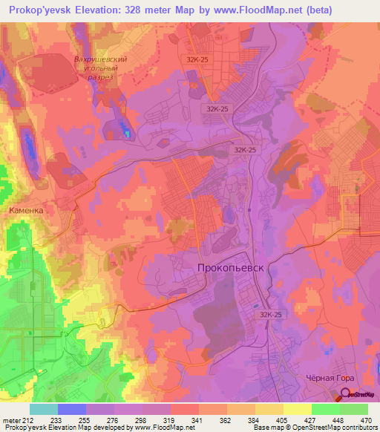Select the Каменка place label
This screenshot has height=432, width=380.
(31, 211)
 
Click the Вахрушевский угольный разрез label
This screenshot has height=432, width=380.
(101, 72)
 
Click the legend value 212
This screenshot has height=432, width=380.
(30, 419)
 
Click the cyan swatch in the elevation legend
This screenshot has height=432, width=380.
(44, 409)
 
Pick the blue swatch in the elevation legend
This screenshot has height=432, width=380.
(72, 409)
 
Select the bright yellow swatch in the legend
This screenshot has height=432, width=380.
(298, 409)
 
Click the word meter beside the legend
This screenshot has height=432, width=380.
(11, 419)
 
